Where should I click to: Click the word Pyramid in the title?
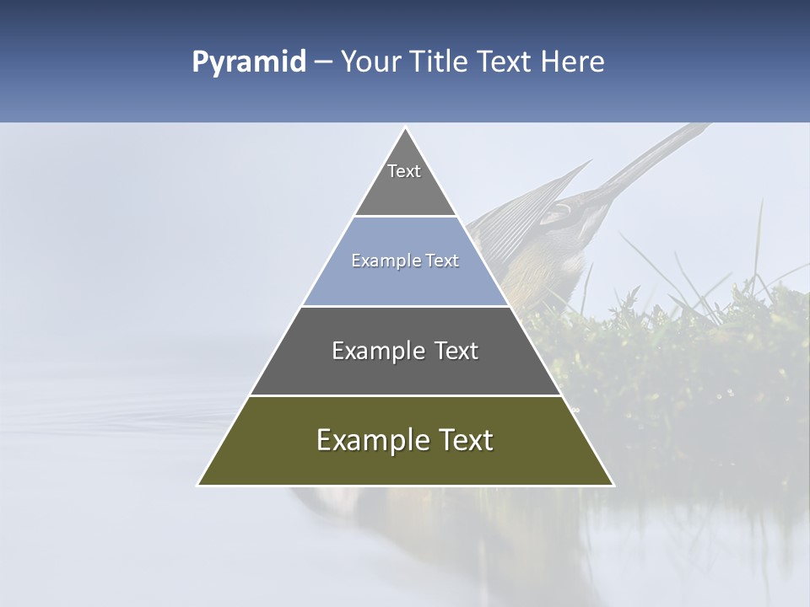(x=249, y=62)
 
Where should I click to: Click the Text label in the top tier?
(x=404, y=171)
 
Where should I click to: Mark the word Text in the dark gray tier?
(x=456, y=351)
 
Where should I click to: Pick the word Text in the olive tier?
(x=466, y=440)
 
